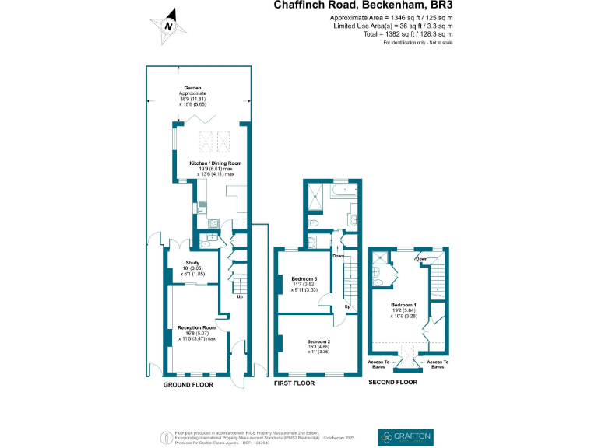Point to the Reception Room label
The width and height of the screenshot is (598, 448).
[x=196, y=328]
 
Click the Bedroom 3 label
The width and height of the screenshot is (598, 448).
[x=304, y=278]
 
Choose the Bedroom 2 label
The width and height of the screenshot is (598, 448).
[x=319, y=341]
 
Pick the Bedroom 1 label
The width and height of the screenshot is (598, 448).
[x=404, y=304]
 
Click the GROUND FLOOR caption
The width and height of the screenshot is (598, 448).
[x=188, y=384]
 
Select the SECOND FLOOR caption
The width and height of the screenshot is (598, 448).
[x=393, y=382]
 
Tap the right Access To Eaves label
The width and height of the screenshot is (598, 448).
[x=438, y=363]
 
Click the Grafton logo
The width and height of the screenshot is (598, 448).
[x=404, y=436]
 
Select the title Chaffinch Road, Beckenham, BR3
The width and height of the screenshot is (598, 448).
[x=363, y=5]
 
